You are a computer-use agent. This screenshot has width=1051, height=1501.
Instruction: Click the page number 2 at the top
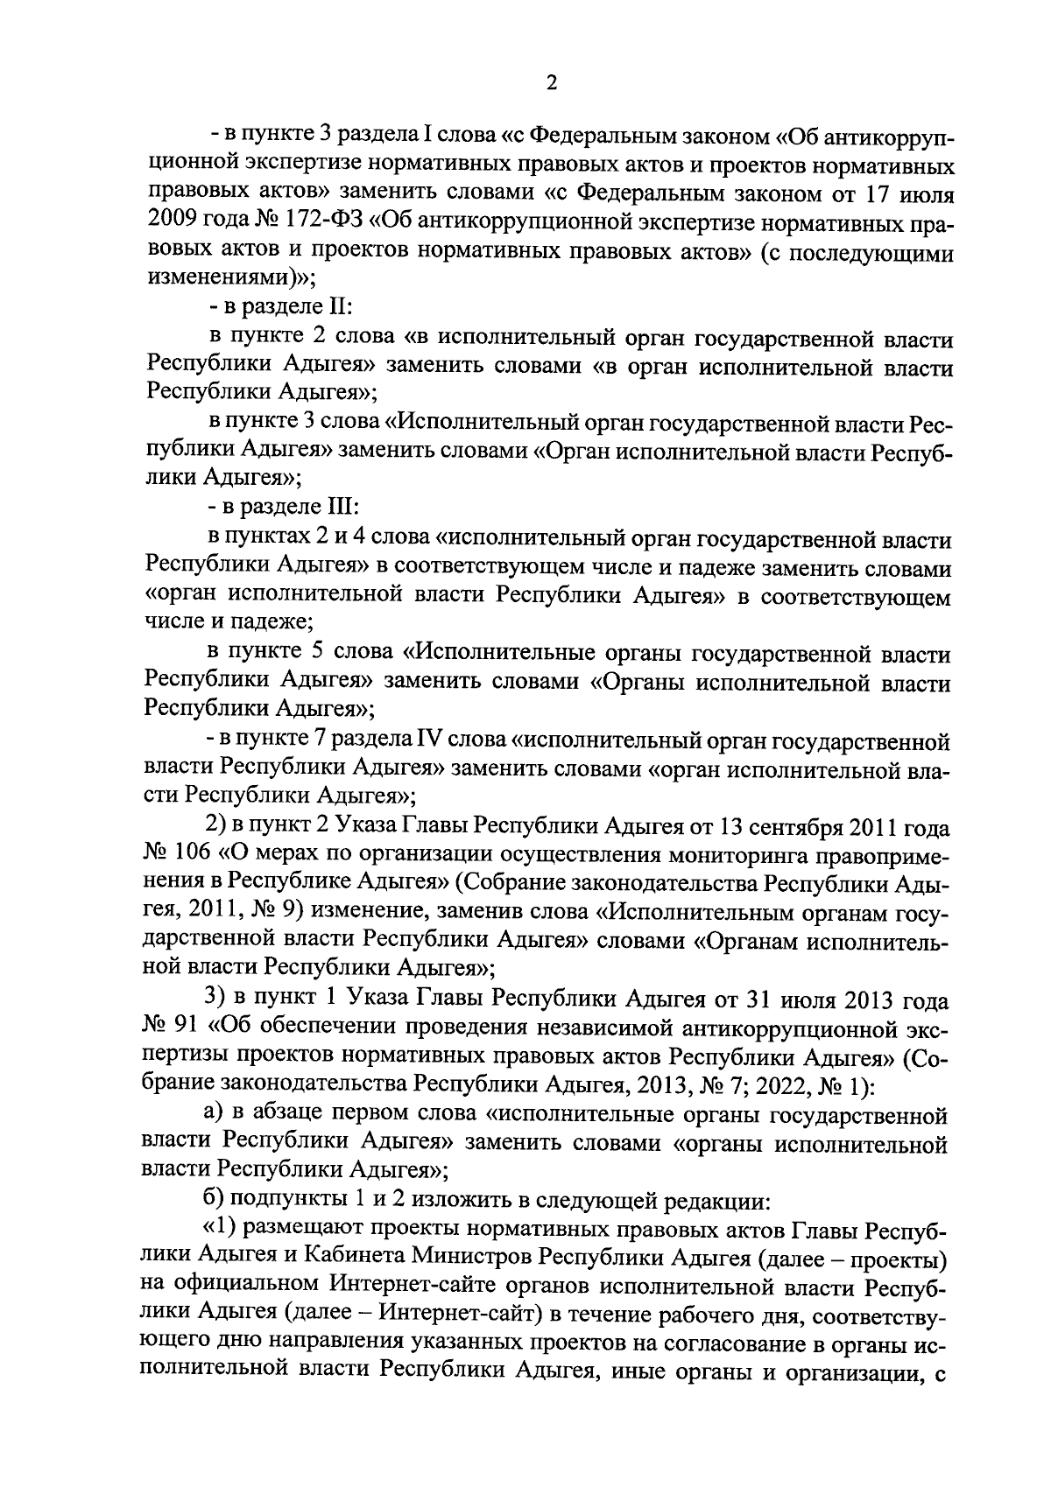pyautogui.click(x=551, y=82)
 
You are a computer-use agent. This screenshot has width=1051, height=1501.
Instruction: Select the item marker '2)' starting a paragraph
pyautogui.click(x=215, y=826)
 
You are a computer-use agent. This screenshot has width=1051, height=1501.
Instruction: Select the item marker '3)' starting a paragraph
pyautogui.click(x=216, y=999)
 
